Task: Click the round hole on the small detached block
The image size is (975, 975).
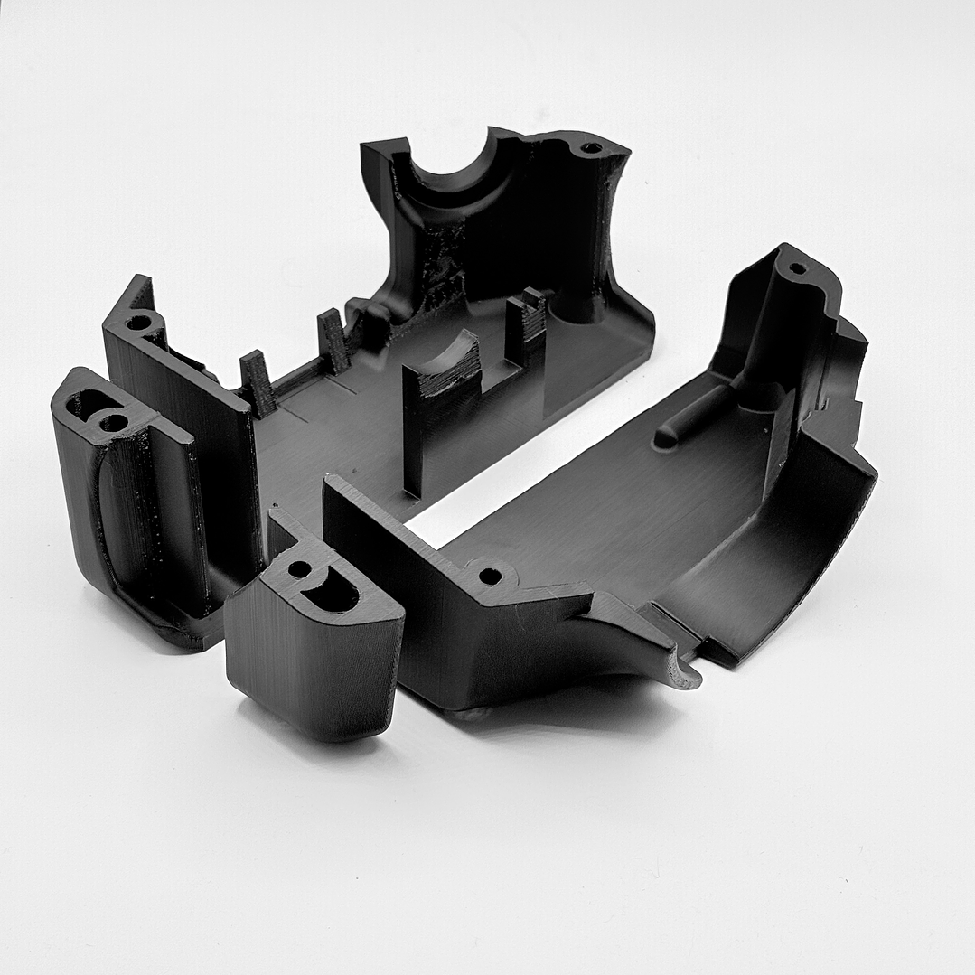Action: (298, 570)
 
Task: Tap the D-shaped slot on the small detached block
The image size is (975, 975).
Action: (332, 592)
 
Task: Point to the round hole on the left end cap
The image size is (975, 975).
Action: (114, 422)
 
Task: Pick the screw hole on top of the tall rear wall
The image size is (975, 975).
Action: (590, 147)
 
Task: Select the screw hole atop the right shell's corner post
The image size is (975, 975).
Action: (797, 268)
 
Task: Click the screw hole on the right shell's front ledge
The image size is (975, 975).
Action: (490, 576)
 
